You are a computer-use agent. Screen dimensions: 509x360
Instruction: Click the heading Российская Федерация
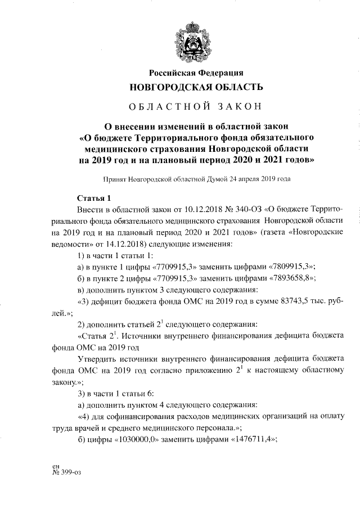coord(196,73)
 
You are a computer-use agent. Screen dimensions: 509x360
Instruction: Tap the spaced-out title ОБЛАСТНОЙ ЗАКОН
coord(196,107)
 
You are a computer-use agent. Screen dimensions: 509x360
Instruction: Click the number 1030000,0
coord(136,440)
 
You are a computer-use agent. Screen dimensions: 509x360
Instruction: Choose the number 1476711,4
coord(245,440)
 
